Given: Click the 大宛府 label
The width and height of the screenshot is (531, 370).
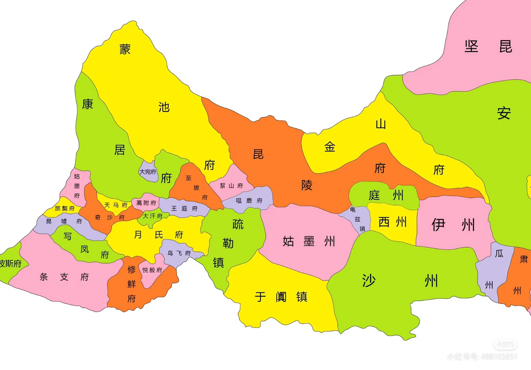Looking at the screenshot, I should click(x=148, y=172).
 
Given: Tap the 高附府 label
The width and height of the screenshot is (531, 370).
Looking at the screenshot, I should click(x=146, y=203).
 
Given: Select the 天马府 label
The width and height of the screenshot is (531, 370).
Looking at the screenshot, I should click(x=116, y=205).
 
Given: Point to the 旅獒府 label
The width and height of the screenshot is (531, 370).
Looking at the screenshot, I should click(x=65, y=208).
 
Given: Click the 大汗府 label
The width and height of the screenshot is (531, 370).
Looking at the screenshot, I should click(x=152, y=216).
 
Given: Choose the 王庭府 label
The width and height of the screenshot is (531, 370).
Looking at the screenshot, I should click(x=184, y=208).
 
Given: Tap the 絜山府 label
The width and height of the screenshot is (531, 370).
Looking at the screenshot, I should click(x=231, y=186).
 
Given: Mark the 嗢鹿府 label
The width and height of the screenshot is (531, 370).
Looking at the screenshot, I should click(x=249, y=200).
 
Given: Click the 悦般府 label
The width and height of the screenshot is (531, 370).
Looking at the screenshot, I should click(x=152, y=270).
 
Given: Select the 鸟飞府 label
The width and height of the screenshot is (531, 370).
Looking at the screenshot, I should click(x=179, y=253).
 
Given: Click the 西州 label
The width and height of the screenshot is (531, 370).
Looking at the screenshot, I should click(x=392, y=222).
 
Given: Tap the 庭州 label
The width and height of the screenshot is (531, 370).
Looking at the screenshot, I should click(x=386, y=195).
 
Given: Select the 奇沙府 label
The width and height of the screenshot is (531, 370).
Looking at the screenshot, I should click(x=110, y=217).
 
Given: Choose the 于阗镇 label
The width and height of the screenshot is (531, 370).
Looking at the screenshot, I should click(x=281, y=297).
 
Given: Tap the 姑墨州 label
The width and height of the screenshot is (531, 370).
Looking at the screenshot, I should click(x=309, y=241).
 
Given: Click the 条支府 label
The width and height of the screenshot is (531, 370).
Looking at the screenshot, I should click(x=64, y=277).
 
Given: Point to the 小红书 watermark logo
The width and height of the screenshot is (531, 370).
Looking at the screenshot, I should click(x=505, y=344).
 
